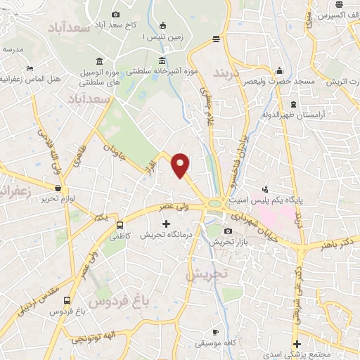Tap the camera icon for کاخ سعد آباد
tap(116, 14)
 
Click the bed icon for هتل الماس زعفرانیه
tap(29, 68)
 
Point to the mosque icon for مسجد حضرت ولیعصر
tap(281, 71)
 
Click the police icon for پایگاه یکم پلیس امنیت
tap(265, 188)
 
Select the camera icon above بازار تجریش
tap(228, 231)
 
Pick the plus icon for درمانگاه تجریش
tap(166, 224)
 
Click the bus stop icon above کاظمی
tap(120, 226)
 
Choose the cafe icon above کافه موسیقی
tap(215, 331)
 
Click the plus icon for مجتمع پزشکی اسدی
tap(298, 344)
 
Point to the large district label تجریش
tap(204, 275)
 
